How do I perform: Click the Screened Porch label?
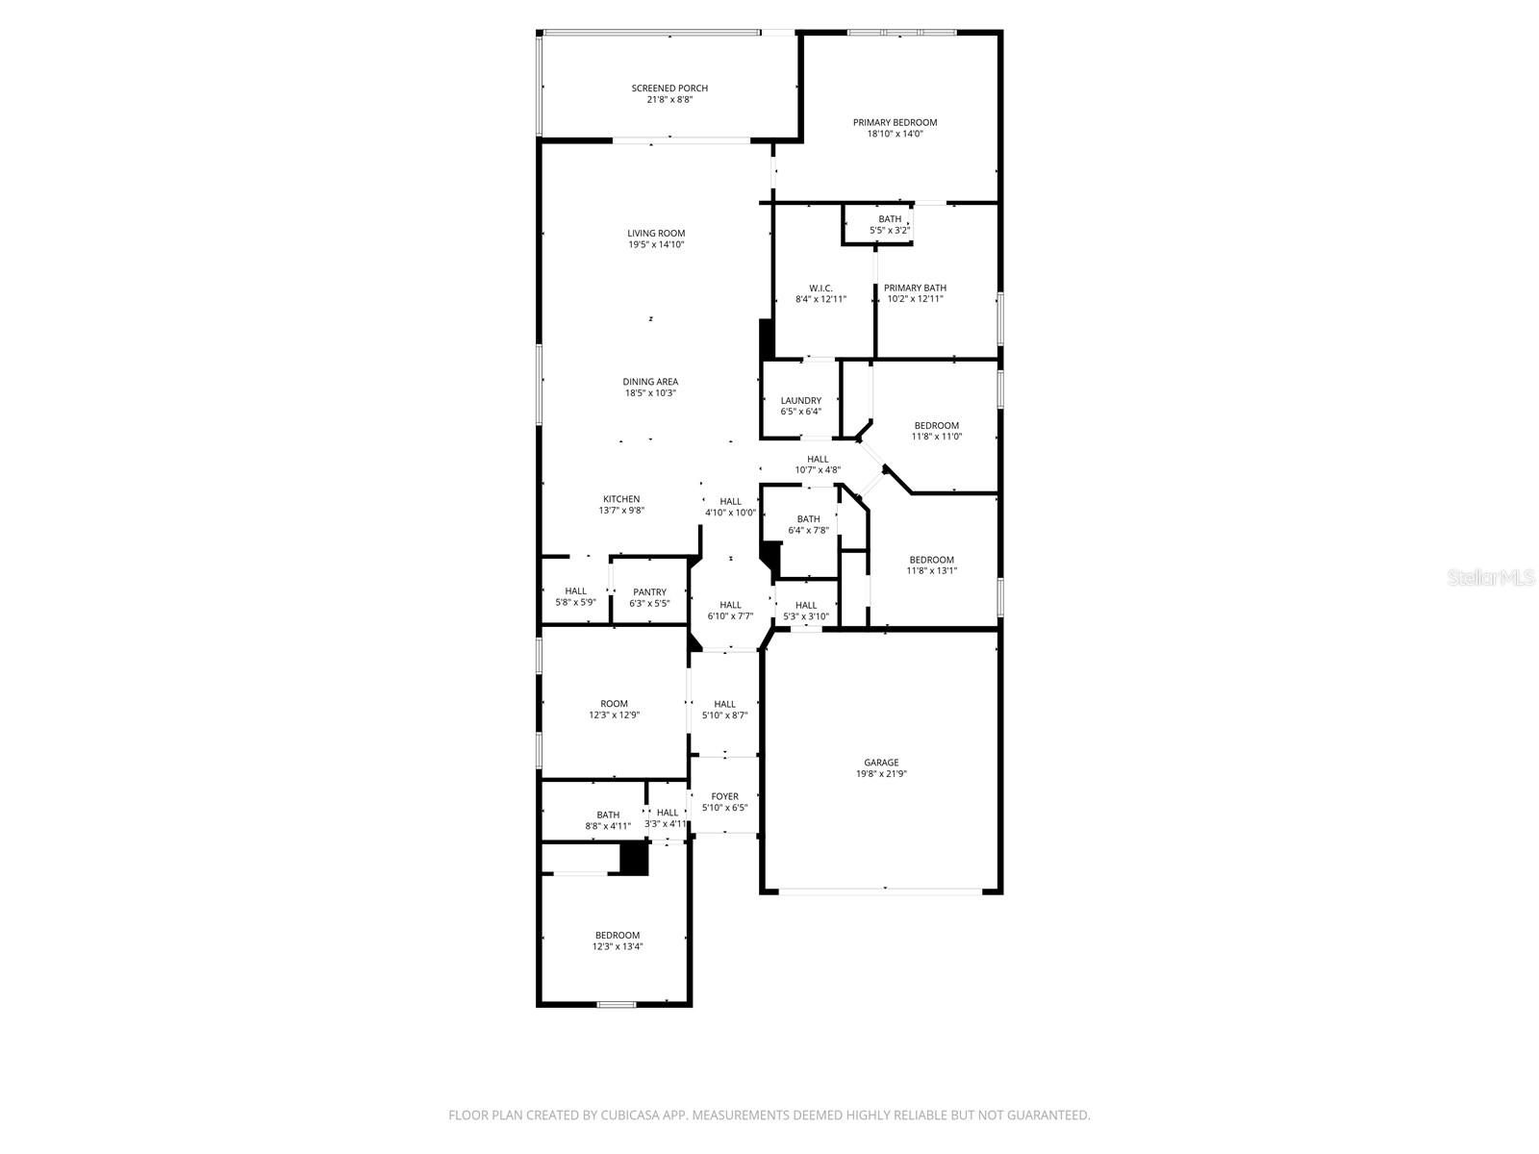point(669,88)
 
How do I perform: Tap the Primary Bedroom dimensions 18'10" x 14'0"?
point(895,135)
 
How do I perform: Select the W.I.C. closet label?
point(820,288)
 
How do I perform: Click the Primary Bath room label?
point(915,288)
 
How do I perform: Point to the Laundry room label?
point(800,401)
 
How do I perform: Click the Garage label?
point(881,763)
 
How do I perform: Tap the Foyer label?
point(724,796)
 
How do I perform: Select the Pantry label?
point(649,592)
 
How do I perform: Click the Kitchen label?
point(621,499)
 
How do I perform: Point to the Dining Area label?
point(650,382)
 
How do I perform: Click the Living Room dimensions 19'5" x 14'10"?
point(656,245)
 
